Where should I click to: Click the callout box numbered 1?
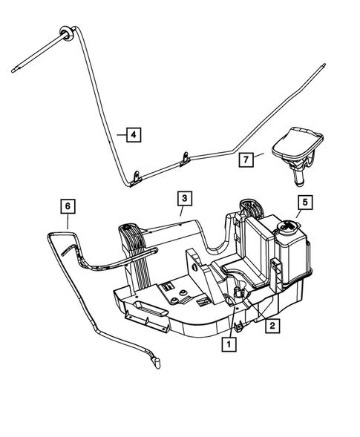[229, 344]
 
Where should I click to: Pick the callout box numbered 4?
[131, 135]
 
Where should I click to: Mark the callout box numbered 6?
[68, 203]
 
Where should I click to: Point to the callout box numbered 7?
[246, 159]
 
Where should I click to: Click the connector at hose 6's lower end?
[157, 363]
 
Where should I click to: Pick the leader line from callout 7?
[263, 155]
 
